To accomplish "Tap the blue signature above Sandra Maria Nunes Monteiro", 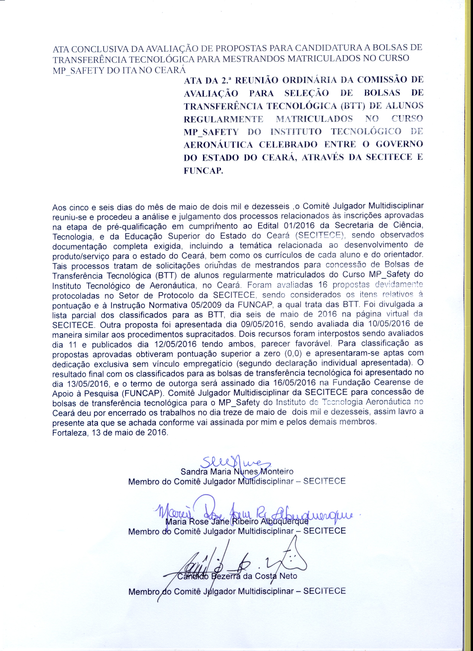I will pos(237,463).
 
